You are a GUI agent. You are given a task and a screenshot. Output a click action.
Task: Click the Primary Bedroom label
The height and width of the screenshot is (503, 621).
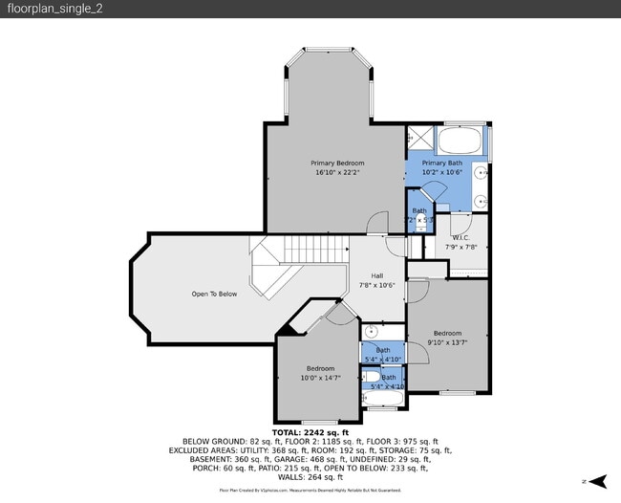337,164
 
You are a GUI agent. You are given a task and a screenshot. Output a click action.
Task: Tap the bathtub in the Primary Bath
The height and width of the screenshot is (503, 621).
461,144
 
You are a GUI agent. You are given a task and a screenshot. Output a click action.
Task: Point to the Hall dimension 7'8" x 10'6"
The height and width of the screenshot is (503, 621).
377,286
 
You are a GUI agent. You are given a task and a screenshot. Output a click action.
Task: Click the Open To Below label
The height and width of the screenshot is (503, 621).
214,294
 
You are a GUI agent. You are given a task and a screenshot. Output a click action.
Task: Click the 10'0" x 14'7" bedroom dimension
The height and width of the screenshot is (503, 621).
321,379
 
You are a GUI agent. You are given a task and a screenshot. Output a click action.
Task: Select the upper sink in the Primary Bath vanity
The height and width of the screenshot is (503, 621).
482,174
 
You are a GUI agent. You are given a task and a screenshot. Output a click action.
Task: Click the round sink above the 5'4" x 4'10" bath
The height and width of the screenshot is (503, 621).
374,334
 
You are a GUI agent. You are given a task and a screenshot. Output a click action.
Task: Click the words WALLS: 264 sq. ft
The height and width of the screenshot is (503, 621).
310,476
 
